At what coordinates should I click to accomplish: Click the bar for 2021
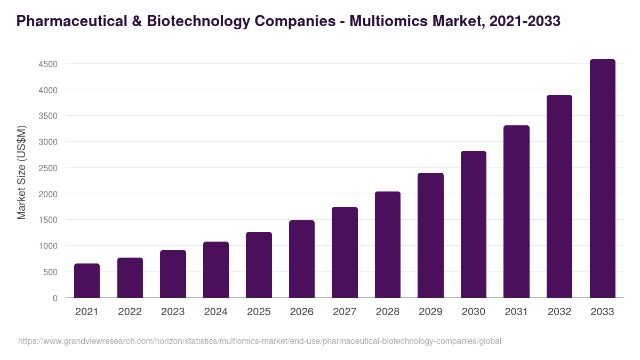pos(87,281)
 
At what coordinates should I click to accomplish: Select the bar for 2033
pos(602,179)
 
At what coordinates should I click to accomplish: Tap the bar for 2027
pos(345,252)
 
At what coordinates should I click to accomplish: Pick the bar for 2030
pos(474,225)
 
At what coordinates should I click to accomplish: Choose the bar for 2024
pos(216,270)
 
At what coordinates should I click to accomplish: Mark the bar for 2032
pos(559,196)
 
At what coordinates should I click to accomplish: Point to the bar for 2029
pos(430,235)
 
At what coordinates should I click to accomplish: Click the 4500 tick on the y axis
pos(48,65)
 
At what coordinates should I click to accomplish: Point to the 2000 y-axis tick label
pos(48,194)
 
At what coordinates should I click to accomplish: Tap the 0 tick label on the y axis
pos(55,298)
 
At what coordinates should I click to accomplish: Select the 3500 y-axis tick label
pos(48,116)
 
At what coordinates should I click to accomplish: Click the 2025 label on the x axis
pos(259,312)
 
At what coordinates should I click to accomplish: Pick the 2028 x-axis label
pos(388,312)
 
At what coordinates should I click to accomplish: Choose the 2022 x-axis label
pos(130,312)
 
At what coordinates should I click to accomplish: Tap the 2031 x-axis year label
pos(516,312)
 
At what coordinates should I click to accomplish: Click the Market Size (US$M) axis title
pos(21,172)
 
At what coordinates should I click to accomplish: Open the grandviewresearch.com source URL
pos(260,341)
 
